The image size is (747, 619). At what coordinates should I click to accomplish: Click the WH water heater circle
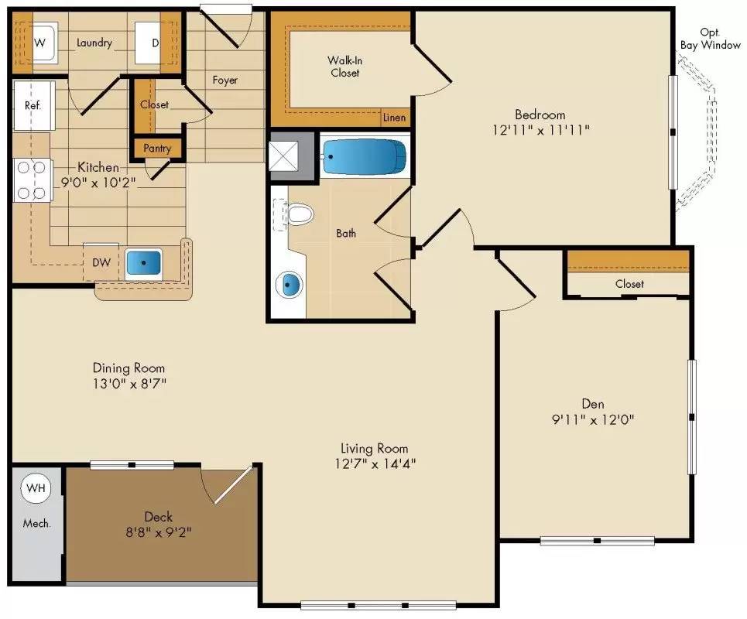pos(35,487)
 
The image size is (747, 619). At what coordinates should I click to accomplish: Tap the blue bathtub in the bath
pos(364,157)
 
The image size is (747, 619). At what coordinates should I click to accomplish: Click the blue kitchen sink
pos(143,263)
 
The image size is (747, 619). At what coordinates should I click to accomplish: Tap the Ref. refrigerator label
pos(33,105)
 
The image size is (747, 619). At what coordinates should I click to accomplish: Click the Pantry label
pos(157,149)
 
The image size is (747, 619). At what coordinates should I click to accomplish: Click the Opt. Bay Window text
pos(710,39)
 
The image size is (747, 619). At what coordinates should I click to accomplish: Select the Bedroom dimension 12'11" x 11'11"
pos(540,131)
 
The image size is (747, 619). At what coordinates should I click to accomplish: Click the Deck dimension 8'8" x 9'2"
pos(158,532)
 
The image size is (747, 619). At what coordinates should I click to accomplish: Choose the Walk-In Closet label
pos(344,67)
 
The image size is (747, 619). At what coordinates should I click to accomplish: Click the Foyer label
pos(225,80)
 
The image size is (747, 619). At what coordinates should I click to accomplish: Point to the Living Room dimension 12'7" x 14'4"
pos(374,464)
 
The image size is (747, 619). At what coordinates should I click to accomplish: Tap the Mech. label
pos(36,523)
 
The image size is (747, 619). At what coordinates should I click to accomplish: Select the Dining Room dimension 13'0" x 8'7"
pos(128,383)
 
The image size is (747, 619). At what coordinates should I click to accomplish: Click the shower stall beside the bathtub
pos(292,157)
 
